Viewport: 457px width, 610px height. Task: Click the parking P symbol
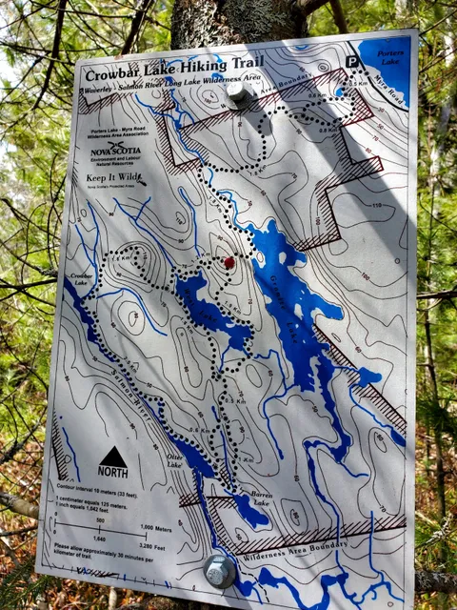coord(352,61)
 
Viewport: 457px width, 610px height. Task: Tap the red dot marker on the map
coord(228,262)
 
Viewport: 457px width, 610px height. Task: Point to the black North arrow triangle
coord(112,457)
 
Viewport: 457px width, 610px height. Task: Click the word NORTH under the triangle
coord(112,473)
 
